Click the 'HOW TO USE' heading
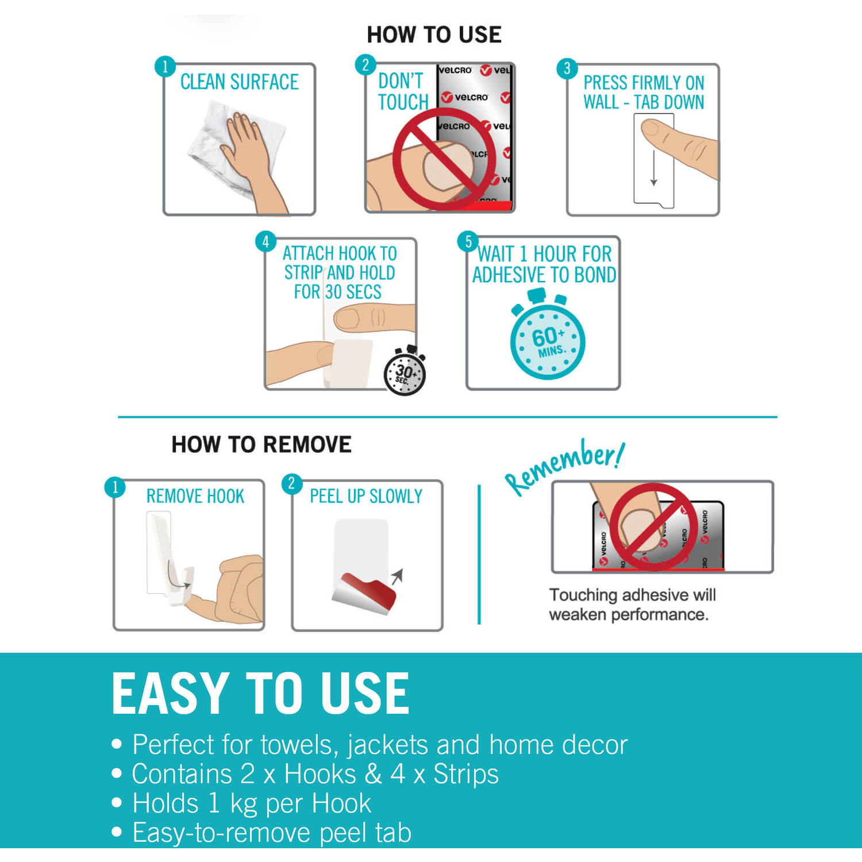coord(434,34)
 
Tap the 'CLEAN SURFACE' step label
coord(239,82)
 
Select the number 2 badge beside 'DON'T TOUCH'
coord(365,65)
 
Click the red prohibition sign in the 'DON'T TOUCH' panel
coord(443,158)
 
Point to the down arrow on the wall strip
coord(653,168)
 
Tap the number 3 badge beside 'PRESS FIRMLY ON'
coord(567,68)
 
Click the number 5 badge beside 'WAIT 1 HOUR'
coord(468,241)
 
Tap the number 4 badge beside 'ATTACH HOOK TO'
coord(265,241)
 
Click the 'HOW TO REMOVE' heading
coord(261,444)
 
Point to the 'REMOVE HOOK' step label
coord(195,496)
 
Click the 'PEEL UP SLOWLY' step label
coord(366,496)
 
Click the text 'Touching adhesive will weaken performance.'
coord(632,605)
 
